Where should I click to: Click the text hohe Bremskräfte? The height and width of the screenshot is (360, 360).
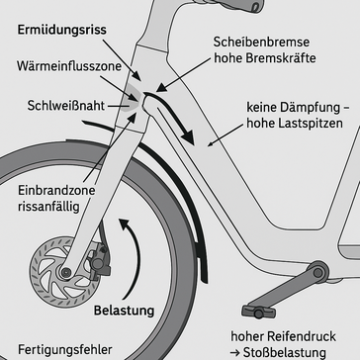tap(261, 62)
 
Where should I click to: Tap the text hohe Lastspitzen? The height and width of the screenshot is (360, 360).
tap(289, 125)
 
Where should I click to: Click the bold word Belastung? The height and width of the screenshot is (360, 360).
tap(126, 312)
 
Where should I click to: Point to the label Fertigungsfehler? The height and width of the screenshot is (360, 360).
tap(57, 349)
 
